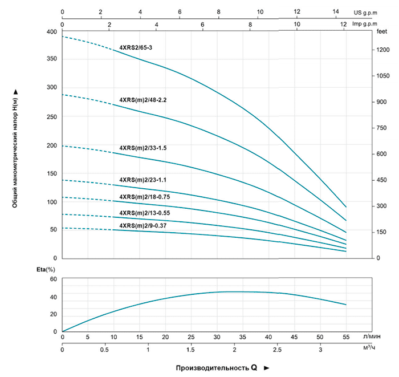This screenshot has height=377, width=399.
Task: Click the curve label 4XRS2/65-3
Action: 136,48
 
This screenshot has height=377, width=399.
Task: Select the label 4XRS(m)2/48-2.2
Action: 142,100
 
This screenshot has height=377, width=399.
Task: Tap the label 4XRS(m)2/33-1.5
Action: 142,148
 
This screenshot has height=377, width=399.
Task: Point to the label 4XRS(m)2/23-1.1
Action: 142,180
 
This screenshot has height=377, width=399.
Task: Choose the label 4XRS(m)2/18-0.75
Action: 144,197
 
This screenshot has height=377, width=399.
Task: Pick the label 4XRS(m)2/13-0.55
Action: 144,213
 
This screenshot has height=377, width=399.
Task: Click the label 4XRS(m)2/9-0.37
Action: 142,226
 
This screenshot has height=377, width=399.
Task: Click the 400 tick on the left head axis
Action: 52,32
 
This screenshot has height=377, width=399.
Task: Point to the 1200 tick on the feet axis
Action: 383,51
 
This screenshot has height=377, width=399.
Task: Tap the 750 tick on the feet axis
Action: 381,128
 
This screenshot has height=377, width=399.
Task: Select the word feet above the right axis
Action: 382,33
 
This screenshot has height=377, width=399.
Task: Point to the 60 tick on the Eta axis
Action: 54,279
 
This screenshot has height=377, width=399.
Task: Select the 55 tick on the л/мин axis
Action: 345,337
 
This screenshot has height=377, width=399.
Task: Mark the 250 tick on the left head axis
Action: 52,117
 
